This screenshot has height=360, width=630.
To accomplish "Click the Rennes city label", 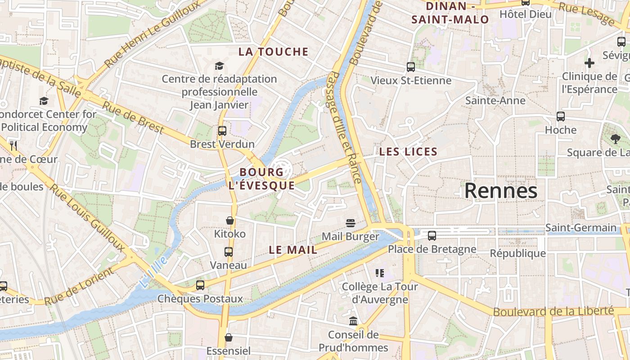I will click(500, 191).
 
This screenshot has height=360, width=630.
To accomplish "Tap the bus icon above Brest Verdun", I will click(222, 131).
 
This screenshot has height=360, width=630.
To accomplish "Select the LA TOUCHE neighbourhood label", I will click(273, 52).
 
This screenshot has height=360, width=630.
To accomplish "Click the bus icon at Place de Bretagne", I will click(432, 235).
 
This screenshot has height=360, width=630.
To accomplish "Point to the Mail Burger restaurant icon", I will click(351, 223).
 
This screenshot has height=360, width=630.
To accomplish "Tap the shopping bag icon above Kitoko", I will click(230, 220).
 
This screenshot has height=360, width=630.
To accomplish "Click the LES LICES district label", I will click(408, 152).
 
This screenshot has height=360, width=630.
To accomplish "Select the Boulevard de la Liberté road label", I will click(553, 311).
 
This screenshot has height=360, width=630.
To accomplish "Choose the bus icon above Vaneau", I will click(229, 252).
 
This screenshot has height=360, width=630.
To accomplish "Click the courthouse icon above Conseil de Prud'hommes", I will click(353, 321).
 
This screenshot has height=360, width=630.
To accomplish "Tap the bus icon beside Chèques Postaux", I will click(200, 285).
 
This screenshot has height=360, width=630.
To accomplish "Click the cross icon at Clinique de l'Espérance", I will click(589, 63).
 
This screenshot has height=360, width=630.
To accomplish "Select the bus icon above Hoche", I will click(561, 117).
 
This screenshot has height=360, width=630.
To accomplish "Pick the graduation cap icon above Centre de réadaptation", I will click(219, 66).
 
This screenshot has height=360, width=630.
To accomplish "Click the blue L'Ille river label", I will click(153, 272).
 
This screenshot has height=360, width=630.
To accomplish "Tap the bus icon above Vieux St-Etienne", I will click(411, 67).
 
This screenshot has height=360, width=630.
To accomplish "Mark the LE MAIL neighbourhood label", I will click(293, 250).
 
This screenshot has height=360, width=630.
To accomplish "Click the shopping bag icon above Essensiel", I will click(229, 337).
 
